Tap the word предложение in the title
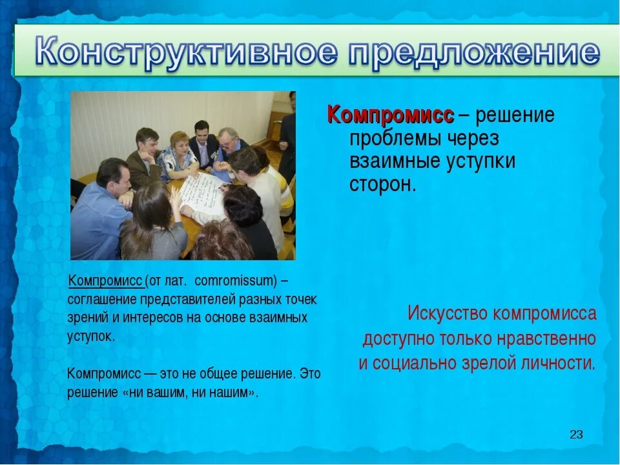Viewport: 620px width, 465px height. pos(475,53)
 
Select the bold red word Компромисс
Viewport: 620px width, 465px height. pos(391,115)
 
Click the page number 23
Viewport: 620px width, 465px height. pos(576,435)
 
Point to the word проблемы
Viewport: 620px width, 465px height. pos(394,138)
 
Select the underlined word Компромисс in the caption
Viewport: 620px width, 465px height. pos(105,282)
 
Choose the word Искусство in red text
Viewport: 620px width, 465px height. pos(448,314)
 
